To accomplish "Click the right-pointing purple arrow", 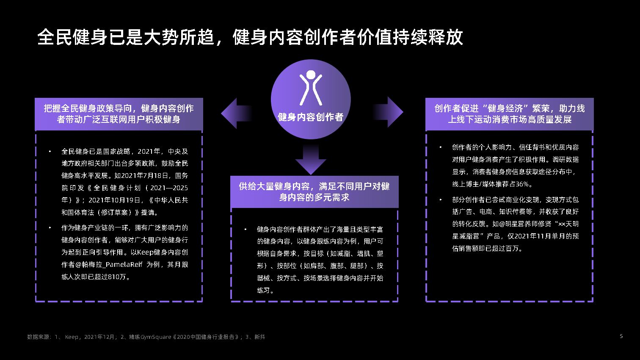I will coord(390,112).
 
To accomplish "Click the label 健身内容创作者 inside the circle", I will coord(311,117).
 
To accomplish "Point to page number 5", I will coord(621,336).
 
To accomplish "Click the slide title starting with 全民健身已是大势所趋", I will coord(250,37).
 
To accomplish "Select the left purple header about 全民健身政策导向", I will coord(119,114).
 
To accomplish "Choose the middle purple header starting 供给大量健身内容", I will coord(314,191).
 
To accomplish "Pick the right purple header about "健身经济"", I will coord(509,114).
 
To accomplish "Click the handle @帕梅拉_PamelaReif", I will coord(109,265).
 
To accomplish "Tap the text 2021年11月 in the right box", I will coord(529,236).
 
